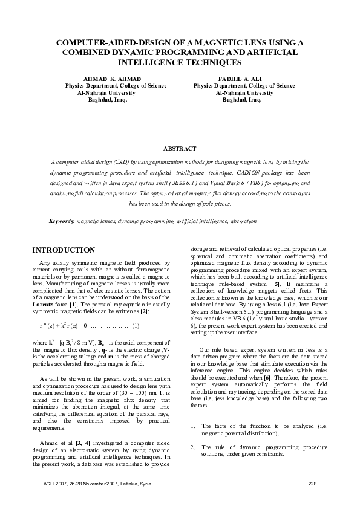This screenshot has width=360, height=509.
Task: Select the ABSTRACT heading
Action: click(180, 149)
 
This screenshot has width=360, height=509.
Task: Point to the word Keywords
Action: click(62, 222)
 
